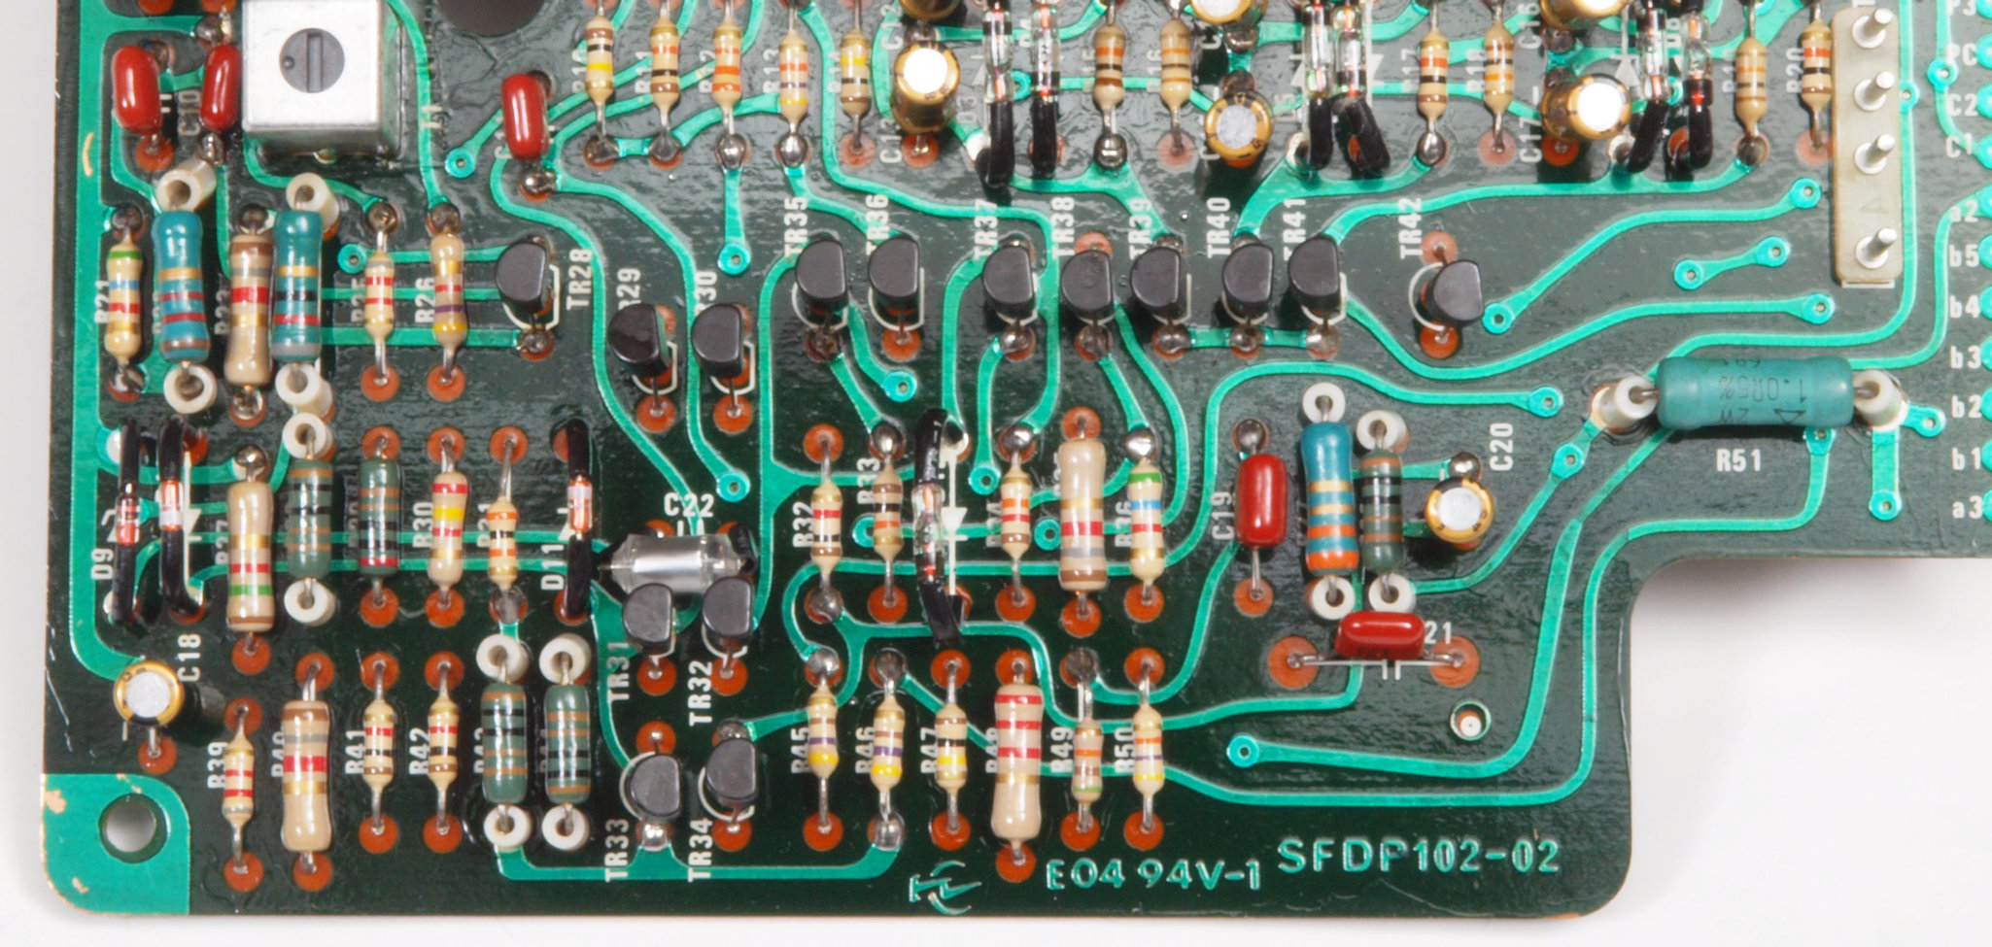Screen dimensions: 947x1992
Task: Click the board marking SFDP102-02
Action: point(1418,857)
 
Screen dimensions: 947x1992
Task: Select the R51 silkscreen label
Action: point(1737,460)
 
